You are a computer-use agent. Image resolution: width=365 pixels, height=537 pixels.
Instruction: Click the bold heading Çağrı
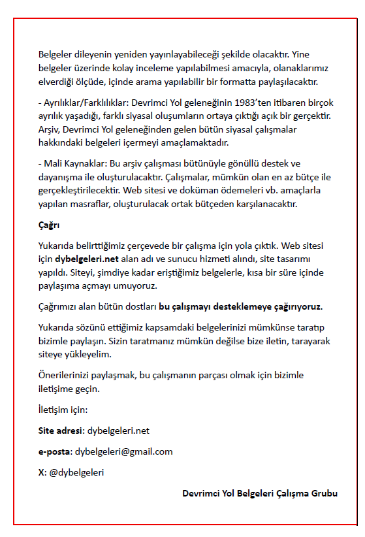click(x=49, y=225)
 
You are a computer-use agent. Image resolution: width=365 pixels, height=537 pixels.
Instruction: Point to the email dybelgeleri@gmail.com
click(x=123, y=451)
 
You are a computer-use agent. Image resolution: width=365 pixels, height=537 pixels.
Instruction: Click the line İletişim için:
click(x=63, y=410)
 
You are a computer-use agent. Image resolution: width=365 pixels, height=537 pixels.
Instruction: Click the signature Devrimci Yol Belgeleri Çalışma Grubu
click(x=260, y=493)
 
